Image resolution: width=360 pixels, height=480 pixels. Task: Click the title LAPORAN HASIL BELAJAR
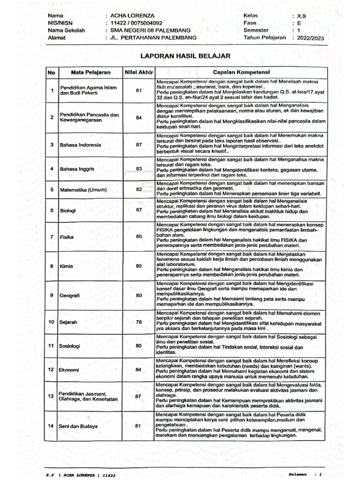click(186, 56)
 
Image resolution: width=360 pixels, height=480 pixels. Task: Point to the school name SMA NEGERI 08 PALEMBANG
click(147, 30)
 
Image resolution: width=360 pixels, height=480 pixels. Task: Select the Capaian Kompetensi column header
click(241, 73)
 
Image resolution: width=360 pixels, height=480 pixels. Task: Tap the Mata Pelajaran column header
click(90, 73)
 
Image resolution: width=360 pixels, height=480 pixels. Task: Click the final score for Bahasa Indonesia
click(139, 144)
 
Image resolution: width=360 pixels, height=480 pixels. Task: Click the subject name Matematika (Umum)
click(83, 190)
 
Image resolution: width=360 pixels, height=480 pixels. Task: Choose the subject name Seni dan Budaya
click(78, 426)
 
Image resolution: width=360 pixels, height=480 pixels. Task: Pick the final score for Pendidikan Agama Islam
click(139, 90)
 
